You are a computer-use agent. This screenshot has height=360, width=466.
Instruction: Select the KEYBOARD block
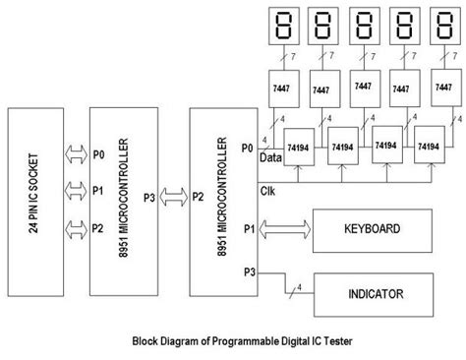point(372,229)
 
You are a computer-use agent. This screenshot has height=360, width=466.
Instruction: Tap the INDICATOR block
point(372,294)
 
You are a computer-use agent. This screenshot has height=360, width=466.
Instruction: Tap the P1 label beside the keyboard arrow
point(249,228)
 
